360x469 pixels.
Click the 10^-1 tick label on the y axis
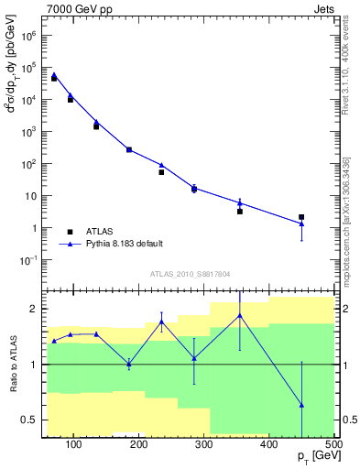[x=27, y=260]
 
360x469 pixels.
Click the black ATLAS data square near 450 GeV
[x=301, y=217]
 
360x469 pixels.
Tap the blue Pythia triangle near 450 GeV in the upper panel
[x=301, y=224]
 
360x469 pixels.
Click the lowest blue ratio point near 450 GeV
[x=301, y=405]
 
